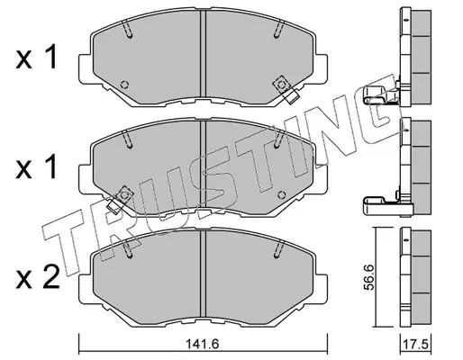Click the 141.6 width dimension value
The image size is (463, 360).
pos(203,344)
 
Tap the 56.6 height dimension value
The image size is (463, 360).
pos(369,277)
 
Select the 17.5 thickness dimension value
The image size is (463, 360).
pos(416,344)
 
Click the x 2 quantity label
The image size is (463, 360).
pos(38,277)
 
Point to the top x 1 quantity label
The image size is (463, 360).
pos(36,57)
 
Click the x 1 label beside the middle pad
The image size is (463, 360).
pos(36,166)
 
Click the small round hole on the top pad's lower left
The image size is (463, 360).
pos(124,85)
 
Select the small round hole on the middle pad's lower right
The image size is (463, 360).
pos(281,195)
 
